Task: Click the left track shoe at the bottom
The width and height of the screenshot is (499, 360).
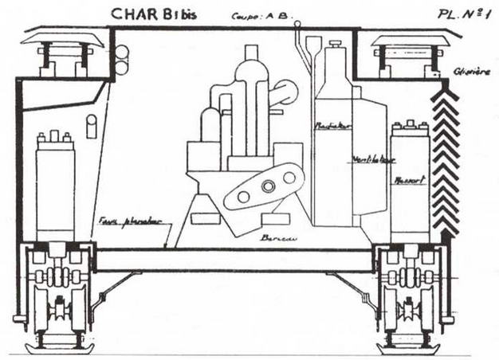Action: tap(60, 347)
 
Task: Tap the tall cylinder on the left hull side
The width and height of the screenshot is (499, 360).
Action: tap(55, 183)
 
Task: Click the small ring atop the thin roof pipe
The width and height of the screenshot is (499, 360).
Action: tap(297, 25)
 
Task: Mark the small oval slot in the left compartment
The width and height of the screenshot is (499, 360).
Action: tap(92, 126)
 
